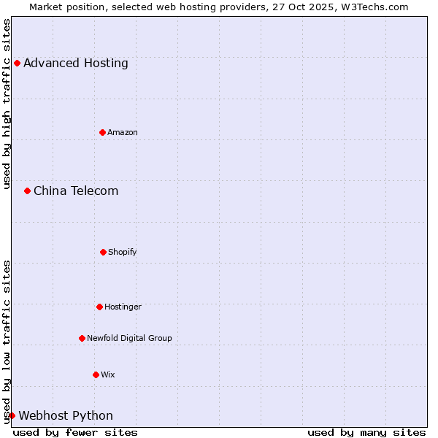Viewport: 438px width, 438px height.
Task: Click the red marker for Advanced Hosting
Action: pyautogui.click(x=17, y=63)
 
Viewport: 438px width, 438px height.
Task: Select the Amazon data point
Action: pyautogui.click(x=102, y=132)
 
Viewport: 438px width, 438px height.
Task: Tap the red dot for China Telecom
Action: pyautogui.click(x=27, y=191)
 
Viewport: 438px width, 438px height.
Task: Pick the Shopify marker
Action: pyautogui.click(x=103, y=252)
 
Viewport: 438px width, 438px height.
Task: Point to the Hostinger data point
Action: pyautogui.click(x=99, y=307)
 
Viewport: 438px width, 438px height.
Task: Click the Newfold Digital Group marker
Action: pyautogui.click(x=82, y=338)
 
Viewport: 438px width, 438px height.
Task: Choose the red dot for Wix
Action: pyautogui.click(x=96, y=374)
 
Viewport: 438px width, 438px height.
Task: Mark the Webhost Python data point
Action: pyautogui.click(x=12, y=415)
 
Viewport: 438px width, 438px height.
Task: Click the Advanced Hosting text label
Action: pyautogui.click(x=76, y=64)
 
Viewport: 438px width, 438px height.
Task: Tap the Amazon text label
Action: pyautogui.click(x=123, y=133)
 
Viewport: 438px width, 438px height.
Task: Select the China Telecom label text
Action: pyautogui.click(x=76, y=191)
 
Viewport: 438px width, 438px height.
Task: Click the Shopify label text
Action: pyautogui.click(x=123, y=253)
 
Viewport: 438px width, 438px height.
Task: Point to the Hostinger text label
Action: pyautogui.click(x=123, y=307)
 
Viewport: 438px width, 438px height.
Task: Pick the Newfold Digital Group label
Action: pyautogui.click(x=129, y=339)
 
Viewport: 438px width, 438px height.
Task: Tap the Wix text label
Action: pyautogui.click(x=108, y=375)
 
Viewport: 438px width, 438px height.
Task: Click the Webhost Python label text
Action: pyautogui.click(x=66, y=416)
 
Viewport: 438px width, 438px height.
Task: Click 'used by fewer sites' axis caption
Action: pyautogui.click(x=75, y=432)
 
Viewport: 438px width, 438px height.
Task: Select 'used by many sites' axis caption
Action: pyautogui.click(x=366, y=432)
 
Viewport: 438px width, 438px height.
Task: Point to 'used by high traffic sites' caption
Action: pyautogui.click(x=7, y=104)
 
